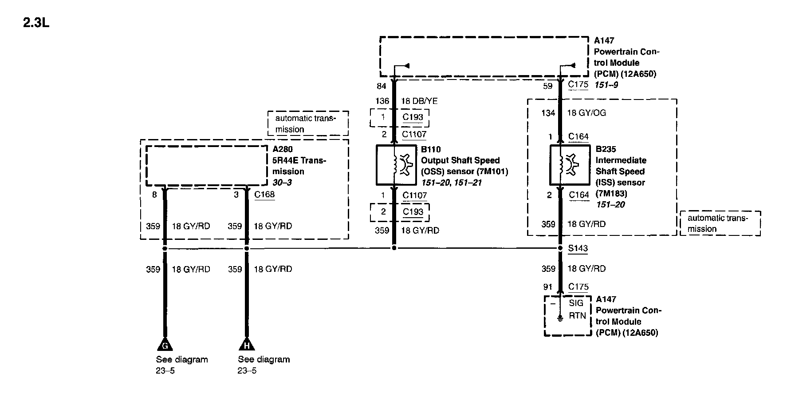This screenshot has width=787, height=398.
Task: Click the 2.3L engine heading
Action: tap(36, 23)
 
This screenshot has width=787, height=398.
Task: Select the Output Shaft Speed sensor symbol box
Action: tap(396, 165)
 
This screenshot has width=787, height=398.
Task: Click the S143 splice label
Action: tap(578, 248)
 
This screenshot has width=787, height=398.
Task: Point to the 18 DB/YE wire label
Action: tap(419, 101)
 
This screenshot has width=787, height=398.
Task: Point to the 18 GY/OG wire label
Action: tap(586, 113)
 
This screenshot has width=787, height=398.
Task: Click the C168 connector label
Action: tap(264, 194)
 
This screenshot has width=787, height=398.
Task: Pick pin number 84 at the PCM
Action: tap(382, 86)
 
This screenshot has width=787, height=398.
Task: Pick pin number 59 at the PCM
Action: tap(548, 86)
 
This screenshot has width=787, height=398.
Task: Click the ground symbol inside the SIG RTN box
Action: tap(560, 318)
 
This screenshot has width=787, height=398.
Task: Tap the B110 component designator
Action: tap(431, 150)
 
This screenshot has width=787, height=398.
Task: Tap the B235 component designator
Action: tap(606, 149)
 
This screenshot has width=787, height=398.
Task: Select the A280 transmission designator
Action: tap(283, 149)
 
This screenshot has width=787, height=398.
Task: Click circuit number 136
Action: tap(382, 101)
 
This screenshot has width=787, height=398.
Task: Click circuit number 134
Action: tap(548, 113)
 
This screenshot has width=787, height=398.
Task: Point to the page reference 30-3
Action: tap(282, 183)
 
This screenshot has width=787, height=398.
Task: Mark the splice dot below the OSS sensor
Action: tap(394, 248)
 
